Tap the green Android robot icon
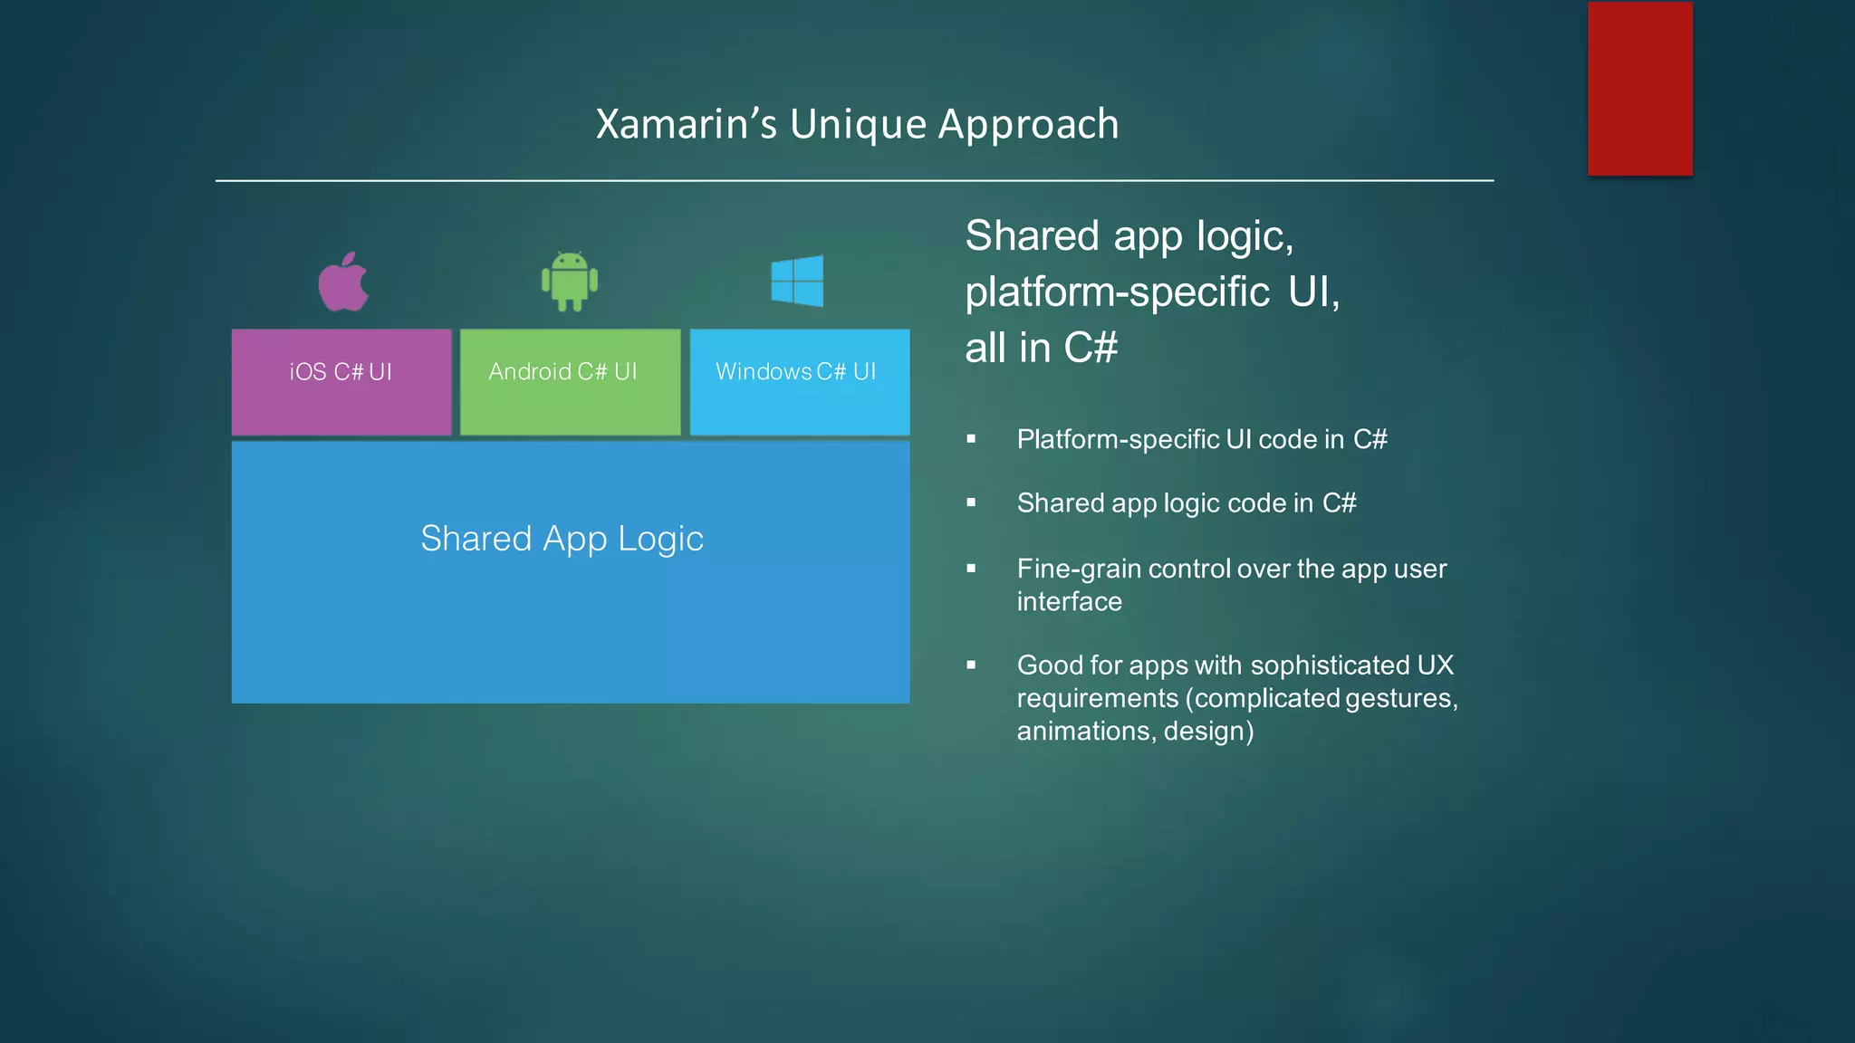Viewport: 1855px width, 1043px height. click(569, 282)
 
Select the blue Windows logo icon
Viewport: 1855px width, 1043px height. click(797, 281)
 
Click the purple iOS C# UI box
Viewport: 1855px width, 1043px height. click(341, 382)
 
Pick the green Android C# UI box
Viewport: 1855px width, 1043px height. click(570, 382)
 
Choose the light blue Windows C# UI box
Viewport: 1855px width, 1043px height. click(799, 382)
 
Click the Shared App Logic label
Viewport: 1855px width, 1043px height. click(562, 539)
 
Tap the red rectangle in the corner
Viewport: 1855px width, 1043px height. click(1639, 89)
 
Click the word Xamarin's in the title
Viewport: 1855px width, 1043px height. click(686, 124)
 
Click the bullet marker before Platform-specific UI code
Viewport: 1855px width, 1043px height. click(971, 439)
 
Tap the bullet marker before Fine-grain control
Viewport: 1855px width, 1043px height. click(971, 569)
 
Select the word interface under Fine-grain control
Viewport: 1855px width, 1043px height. click(1069, 601)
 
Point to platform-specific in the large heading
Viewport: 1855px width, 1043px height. click(1117, 292)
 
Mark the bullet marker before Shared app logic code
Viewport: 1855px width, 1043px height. click(971, 502)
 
